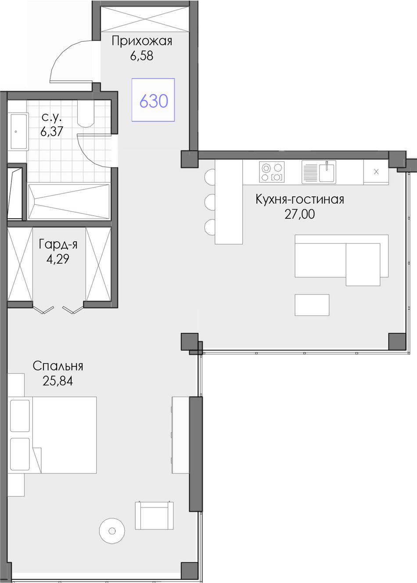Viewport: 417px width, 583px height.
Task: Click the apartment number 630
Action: point(154,101)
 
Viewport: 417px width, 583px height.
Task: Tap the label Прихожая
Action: point(142,41)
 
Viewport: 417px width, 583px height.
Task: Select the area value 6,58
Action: point(142,56)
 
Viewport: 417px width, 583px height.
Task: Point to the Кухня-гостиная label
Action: point(300,200)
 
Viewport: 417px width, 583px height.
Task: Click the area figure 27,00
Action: point(299,214)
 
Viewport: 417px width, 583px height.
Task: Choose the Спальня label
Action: point(58,366)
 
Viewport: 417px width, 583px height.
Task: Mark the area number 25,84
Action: point(58,381)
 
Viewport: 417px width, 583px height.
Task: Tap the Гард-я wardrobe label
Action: point(58,244)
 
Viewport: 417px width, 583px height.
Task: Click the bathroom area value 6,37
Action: point(52,131)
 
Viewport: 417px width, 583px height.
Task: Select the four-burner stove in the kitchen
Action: point(272,172)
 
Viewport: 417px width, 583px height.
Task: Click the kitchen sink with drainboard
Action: point(319,172)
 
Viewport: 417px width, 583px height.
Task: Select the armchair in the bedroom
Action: point(154,508)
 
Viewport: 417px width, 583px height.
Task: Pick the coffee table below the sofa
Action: point(312,305)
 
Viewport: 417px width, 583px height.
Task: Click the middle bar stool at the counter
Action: point(210,201)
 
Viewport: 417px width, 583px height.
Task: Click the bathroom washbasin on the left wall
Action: point(19,132)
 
